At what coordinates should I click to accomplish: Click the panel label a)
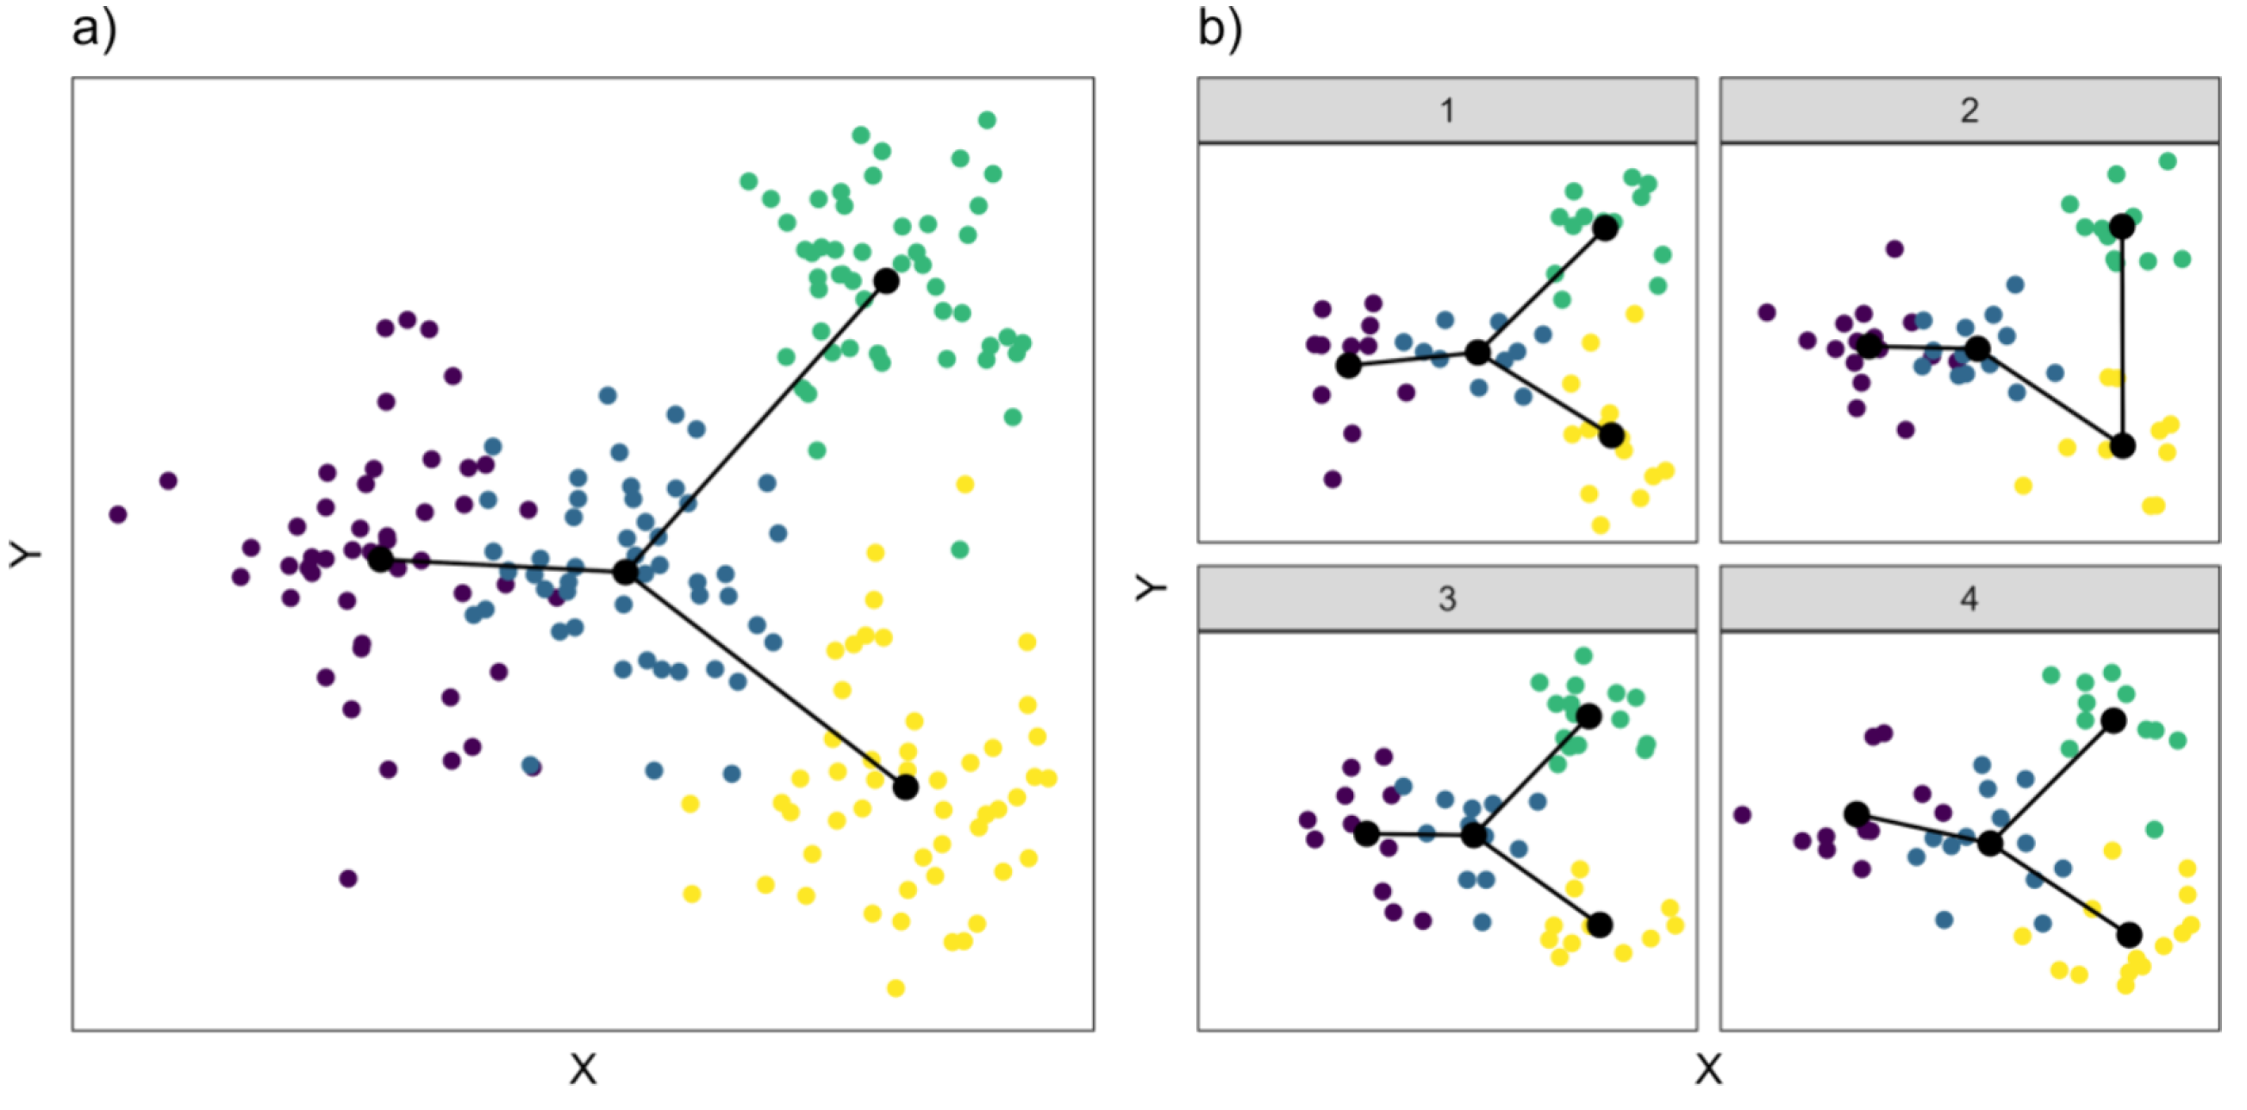pyautogui.click(x=93, y=29)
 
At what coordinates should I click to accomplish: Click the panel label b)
pyautogui.click(x=1220, y=29)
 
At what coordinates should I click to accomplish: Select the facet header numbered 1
pyautogui.click(x=1446, y=110)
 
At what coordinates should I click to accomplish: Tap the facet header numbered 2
pyautogui.click(x=1969, y=110)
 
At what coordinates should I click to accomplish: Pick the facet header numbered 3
pyautogui.click(x=1446, y=599)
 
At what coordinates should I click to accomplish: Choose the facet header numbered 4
pyautogui.click(x=1969, y=599)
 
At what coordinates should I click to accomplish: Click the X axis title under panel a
pyautogui.click(x=583, y=1069)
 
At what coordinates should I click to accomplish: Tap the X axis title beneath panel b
pyautogui.click(x=1708, y=1069)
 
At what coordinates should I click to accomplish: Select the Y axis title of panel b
pyautogui.click(x=1151, y=589)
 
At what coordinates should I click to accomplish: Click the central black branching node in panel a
pyautogui.click(x=626, y=573)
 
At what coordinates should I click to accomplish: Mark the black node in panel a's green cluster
pyautogui.click(x=886, y=281)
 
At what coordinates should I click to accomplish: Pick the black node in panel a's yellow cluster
pyautogui.click(x=905, y=787)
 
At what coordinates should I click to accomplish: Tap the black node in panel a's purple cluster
pyautogui.click(x=380, y=560)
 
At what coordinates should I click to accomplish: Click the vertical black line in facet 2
pyautogui.click(x=2122, y=336)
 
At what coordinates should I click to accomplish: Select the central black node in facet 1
pyautogui.click(x=1477, y=353)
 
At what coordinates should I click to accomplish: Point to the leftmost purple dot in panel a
pyautogui.click(x=118, y=514)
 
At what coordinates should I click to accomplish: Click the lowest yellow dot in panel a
pyautogui.click(x=895, y=988)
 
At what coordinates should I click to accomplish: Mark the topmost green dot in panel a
pyautogui.click(x=987, y=120)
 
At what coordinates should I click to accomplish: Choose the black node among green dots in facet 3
pyautogui.click(x=1589, y=717)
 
